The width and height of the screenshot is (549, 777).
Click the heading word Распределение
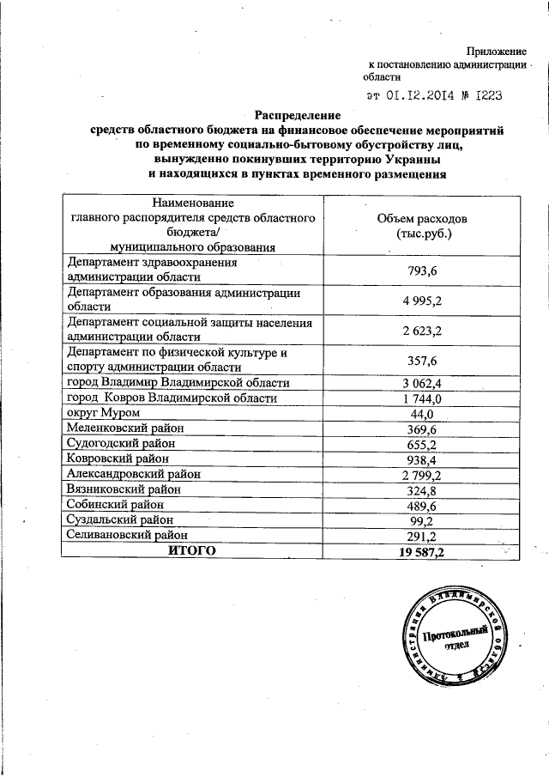click(298, 114)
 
